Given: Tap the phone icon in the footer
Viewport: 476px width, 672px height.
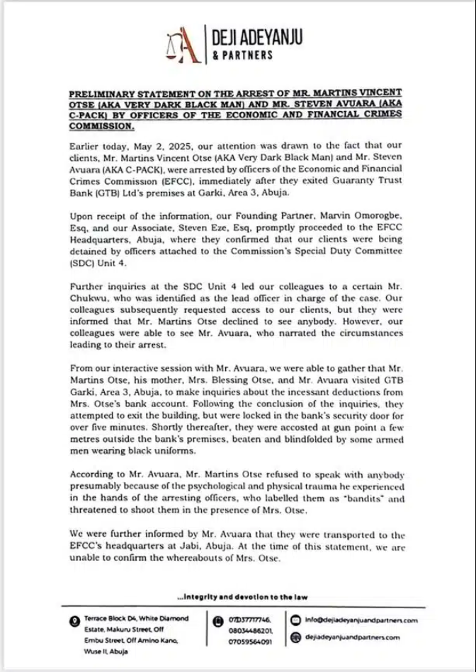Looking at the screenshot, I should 219,618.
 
